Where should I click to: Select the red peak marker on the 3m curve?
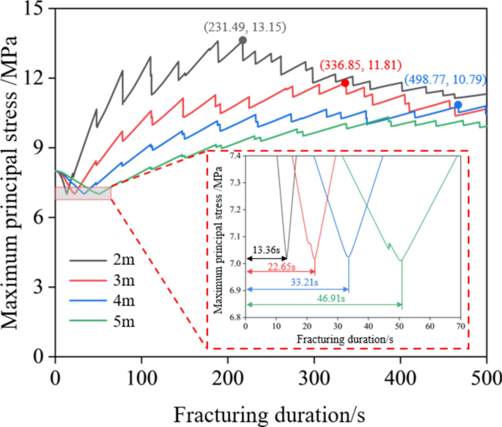click(345, 83)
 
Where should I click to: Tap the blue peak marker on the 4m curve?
click(458, 105)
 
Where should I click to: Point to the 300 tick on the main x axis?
click(314, 377)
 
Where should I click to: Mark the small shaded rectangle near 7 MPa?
click(83, 193)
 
